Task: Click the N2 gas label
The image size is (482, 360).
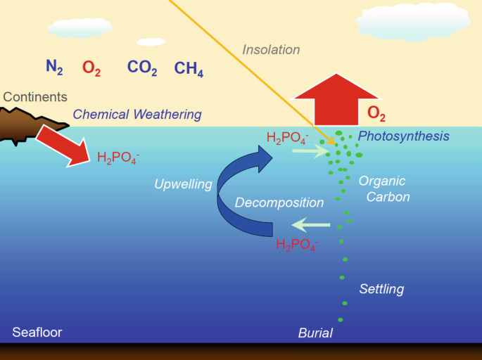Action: tap(55, 67)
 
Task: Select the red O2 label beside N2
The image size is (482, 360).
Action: tap(91, 67)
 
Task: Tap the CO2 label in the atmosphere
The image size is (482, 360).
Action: tap(142, 67)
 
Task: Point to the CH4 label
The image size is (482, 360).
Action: tap(189, 68)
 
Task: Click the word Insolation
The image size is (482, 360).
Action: tap(271, 50)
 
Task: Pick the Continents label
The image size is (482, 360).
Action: tap(34, 97)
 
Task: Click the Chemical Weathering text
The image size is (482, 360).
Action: tap(137, 114)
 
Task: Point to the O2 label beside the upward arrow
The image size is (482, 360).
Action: tap(376, 114)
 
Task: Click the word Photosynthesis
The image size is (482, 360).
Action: tap(403, 136)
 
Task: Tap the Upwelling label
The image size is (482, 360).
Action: tap(183, 185)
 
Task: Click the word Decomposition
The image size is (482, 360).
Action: tap(279, 202)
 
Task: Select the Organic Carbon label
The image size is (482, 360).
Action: tap(383, 188)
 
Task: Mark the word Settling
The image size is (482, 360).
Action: tap(381, 288)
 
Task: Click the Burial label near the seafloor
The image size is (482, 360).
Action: tap(315, 333)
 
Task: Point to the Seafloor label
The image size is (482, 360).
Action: tap(37, 332)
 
